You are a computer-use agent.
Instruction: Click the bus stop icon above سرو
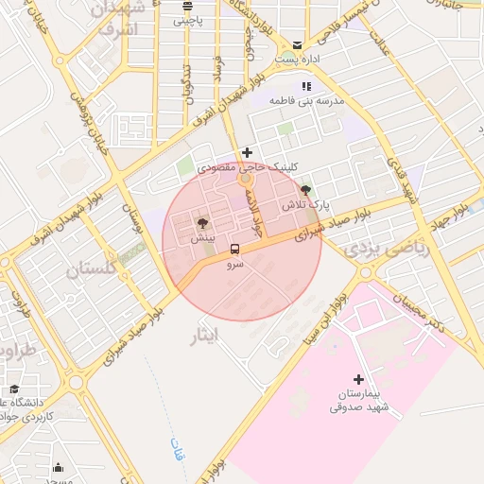click(234, 250)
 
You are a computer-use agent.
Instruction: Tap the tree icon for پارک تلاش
click(303, 190)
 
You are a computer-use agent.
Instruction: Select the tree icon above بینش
click(201, 223)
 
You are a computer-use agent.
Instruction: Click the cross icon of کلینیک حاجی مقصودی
click(248, 151)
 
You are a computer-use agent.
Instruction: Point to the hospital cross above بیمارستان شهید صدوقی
click(357, 379)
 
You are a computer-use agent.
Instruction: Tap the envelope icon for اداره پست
click(298, 44)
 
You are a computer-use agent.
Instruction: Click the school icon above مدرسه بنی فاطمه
click(304, 86)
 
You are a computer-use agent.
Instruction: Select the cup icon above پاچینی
click(186, 5)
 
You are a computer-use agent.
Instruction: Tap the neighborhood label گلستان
click(92, 269)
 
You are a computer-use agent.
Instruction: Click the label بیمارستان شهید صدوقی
click(359, 400)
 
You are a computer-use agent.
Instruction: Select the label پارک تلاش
click(303, 205)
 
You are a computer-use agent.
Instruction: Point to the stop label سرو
click(234, 265)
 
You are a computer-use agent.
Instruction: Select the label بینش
click(201, 238)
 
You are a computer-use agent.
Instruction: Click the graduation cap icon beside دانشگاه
click(14, 389)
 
